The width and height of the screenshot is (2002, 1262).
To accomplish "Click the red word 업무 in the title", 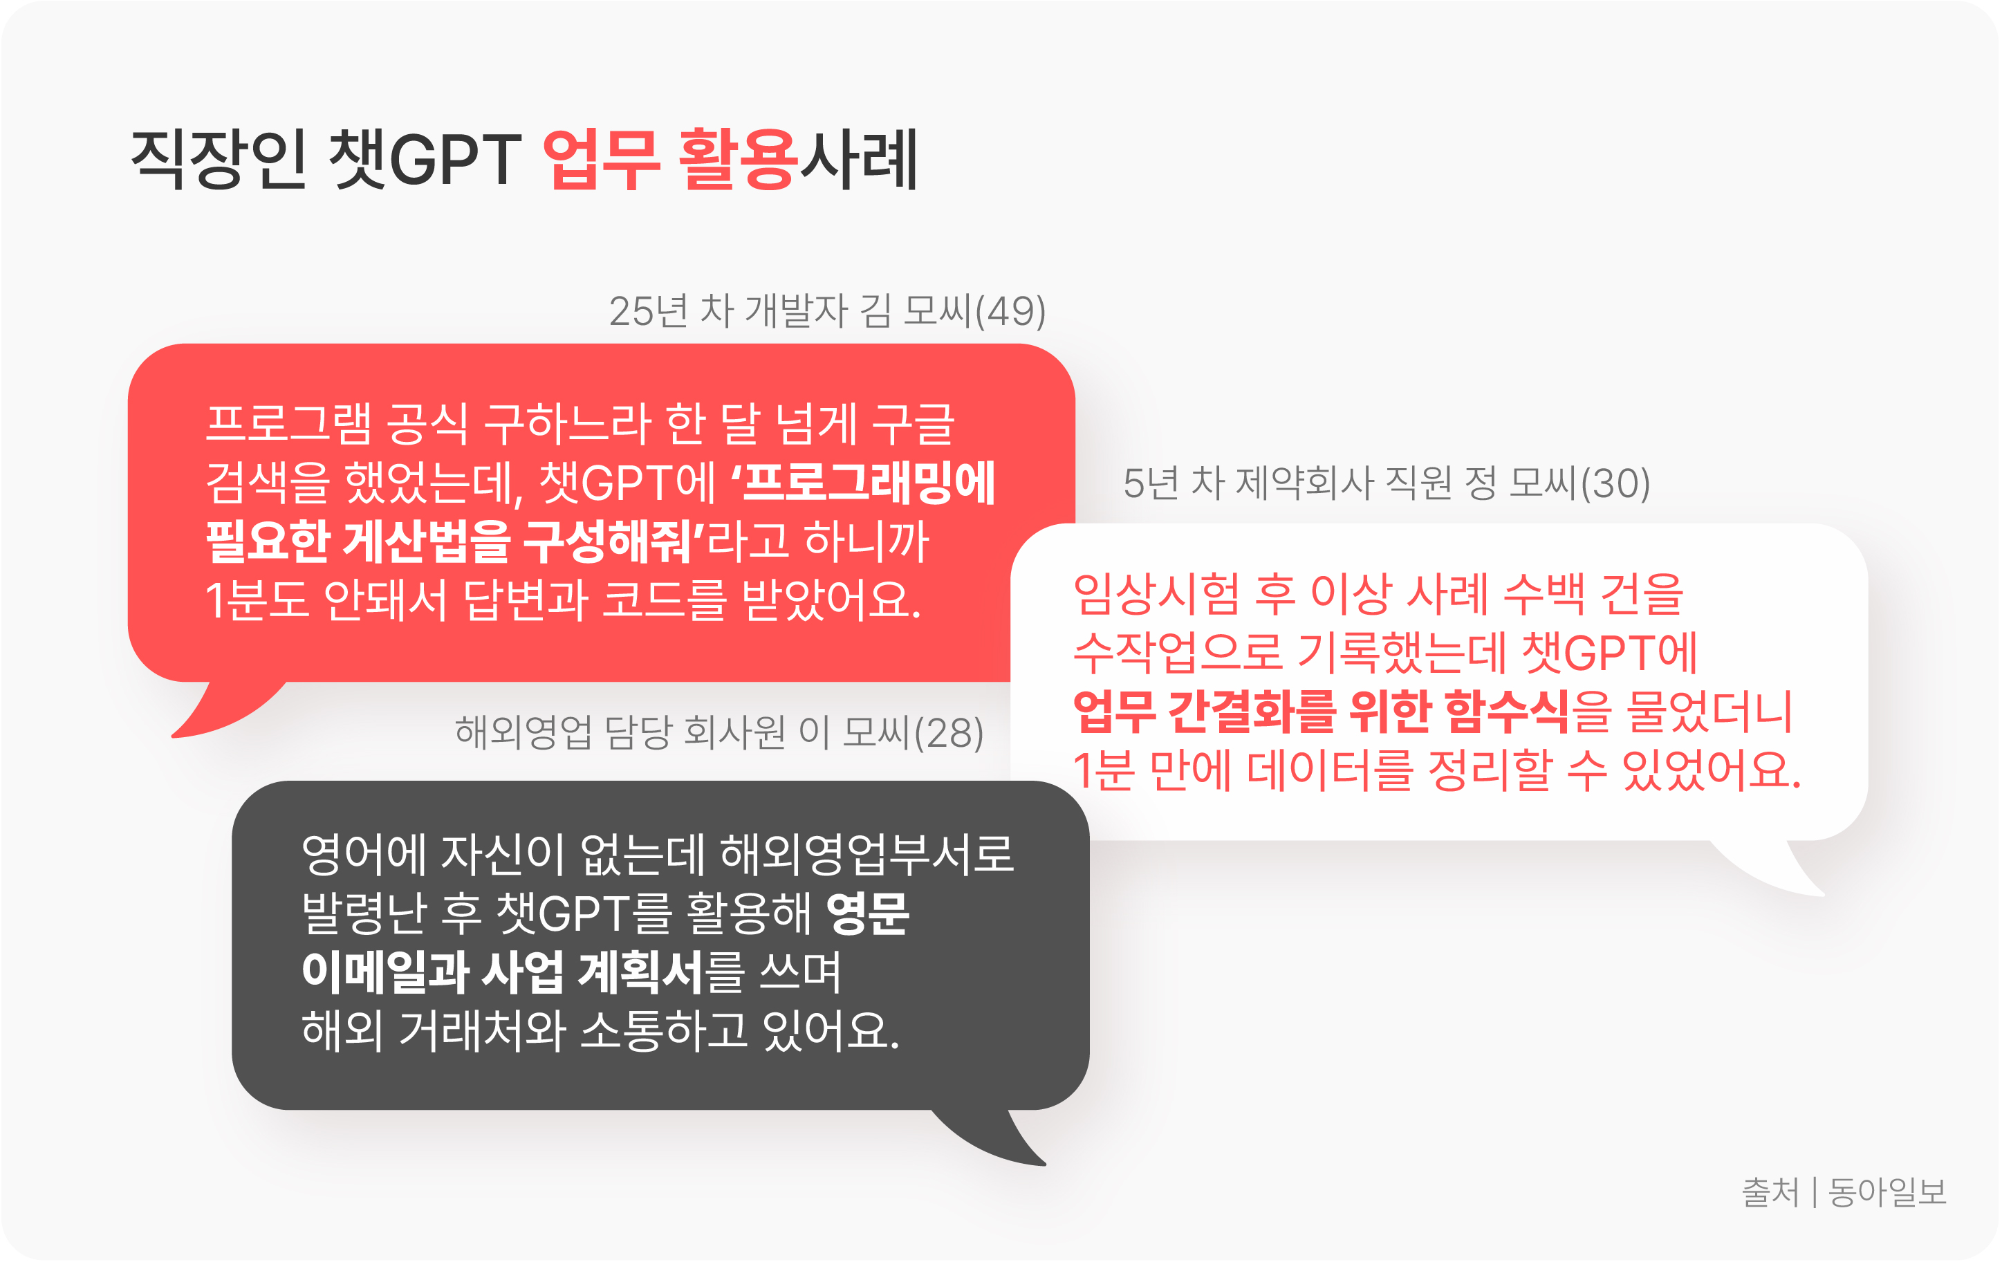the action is pos(601,160).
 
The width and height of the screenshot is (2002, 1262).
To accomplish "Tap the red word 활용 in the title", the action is pos(739,160).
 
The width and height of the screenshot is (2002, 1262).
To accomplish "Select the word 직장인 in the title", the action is pos(219,160).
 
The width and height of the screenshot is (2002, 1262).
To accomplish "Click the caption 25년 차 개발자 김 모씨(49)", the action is pos(827,311).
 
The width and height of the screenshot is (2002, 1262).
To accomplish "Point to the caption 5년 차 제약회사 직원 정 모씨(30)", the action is pos(1387,483).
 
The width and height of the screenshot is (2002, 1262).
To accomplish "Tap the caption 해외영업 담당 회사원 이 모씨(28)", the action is pos(719,732).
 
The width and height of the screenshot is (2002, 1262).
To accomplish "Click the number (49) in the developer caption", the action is pos(1010,311).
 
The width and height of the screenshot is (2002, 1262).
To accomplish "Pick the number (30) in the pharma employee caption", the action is pos(1615,483).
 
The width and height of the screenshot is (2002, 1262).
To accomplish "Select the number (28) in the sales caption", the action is pos(949,732).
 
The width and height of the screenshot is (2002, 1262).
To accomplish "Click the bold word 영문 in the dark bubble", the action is pos(868,913).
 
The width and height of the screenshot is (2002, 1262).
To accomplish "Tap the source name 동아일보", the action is pos(1887,1192).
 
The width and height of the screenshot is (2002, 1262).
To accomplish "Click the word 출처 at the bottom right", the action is pos(1770,1192).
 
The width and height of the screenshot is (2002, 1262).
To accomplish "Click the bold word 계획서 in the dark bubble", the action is pos(641,972).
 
